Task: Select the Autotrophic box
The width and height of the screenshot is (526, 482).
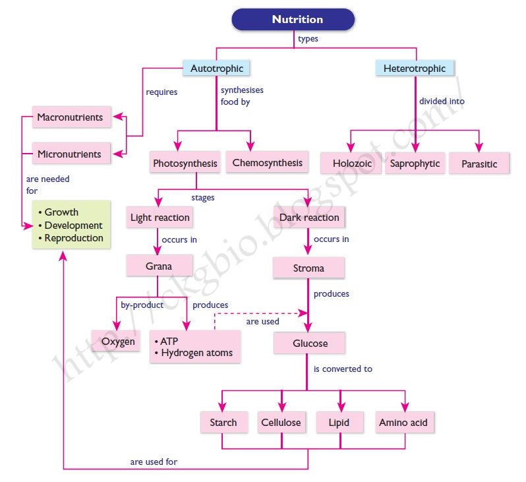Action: coord(217,69)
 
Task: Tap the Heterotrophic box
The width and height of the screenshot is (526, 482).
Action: coord(415,69)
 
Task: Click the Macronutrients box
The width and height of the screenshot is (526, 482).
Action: coord(71,118)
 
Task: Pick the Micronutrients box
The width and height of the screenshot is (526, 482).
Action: coord(70,154)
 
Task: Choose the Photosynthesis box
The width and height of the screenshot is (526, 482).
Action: coord(185,164)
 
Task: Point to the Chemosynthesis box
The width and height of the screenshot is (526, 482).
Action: coord(267,163)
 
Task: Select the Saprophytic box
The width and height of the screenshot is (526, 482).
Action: coord(415,164)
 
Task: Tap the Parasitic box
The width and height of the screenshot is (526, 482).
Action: coord(479,164)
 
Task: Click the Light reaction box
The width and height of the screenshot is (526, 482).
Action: coord(160,218)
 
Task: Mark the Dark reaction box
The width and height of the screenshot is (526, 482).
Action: coord(308,218)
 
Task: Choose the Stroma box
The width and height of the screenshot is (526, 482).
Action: coord(308,268)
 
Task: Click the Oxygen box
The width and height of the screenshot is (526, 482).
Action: coord(119,342)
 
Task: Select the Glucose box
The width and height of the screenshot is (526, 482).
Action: coord(310,344)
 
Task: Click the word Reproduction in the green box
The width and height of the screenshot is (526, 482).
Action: coord(74,238)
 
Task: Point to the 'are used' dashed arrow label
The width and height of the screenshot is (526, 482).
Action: coord(262,322)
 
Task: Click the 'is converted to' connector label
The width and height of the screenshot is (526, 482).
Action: coord(343,369)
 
